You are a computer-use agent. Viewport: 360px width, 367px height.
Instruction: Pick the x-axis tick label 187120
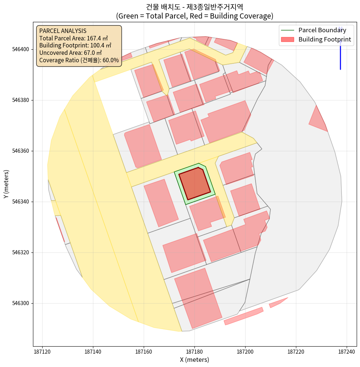click(43, 351)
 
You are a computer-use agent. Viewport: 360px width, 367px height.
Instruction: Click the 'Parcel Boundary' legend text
click(322, 30)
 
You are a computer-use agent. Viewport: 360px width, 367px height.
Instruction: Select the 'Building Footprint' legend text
click(324, 39)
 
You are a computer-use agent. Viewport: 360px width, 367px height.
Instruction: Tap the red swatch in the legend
click(287, 39)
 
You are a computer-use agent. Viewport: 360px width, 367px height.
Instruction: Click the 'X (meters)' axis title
click(194, 360)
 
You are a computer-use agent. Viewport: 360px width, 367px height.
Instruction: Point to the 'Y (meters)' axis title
click(6, 184)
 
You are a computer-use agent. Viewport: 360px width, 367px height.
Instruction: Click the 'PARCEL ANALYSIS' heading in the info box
click(63, 31)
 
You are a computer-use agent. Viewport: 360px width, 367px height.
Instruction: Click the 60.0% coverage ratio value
click(110, 60)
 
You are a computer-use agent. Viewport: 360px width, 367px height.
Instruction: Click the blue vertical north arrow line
click(340, 56)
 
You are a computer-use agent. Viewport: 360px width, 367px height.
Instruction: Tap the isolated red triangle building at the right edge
click(317, 119)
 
